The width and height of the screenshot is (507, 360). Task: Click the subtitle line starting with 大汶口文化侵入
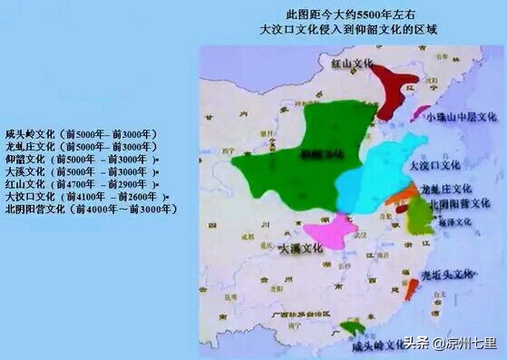tap(348, 30)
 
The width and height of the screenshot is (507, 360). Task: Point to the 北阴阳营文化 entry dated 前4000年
tap(91, 209)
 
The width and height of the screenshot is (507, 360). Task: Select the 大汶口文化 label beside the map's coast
tap(435, 166)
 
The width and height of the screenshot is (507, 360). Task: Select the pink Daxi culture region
tap(329, 231)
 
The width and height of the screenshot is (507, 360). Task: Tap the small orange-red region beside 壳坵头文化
tap(413, 288)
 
